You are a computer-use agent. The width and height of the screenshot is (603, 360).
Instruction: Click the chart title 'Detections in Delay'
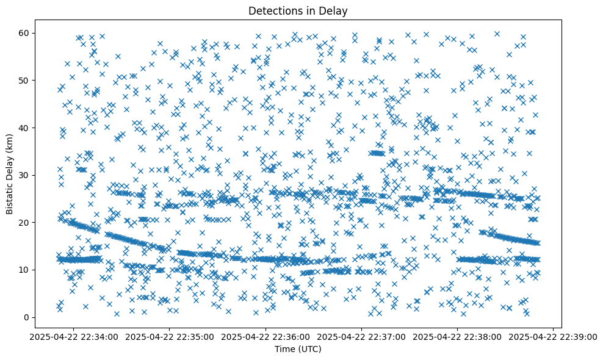point(298,10)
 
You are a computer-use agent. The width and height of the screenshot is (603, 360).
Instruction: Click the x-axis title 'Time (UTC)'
point(298,349)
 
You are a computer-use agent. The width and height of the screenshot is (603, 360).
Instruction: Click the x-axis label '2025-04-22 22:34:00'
point(74,336)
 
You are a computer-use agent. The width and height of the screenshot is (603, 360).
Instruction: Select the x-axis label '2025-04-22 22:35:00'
point(170,336)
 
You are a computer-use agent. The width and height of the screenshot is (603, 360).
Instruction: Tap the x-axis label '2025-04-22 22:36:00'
point(265,336)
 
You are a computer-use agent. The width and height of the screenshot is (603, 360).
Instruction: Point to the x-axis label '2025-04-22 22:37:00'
point(361,336)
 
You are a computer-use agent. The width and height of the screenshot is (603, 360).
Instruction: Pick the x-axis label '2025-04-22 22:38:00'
point(457,336)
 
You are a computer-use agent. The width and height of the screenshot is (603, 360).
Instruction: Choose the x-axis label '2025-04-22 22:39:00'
point(553,336)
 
